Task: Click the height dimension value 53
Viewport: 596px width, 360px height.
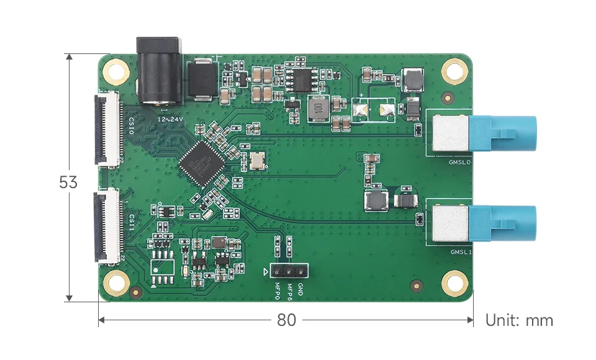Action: coord(68,182)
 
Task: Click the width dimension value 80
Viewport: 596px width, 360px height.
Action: coord(286,320)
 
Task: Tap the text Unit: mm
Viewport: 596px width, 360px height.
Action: coord(519,320)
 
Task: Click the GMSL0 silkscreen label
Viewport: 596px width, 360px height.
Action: coord(461,162)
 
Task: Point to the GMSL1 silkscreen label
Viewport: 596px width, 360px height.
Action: coord(461,252)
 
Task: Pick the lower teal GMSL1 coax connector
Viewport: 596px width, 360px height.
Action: coord(503,224)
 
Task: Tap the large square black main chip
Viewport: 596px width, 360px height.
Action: coord(202,163)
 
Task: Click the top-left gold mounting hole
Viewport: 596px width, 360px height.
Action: coord(116,71)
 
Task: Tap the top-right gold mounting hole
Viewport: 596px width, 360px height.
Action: coord(454,71)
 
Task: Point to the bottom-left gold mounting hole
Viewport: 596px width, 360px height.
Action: coord(116,283)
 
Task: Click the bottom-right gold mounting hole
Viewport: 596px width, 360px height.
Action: coord(454,283)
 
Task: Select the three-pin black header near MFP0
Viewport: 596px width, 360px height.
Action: coord(289,271)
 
